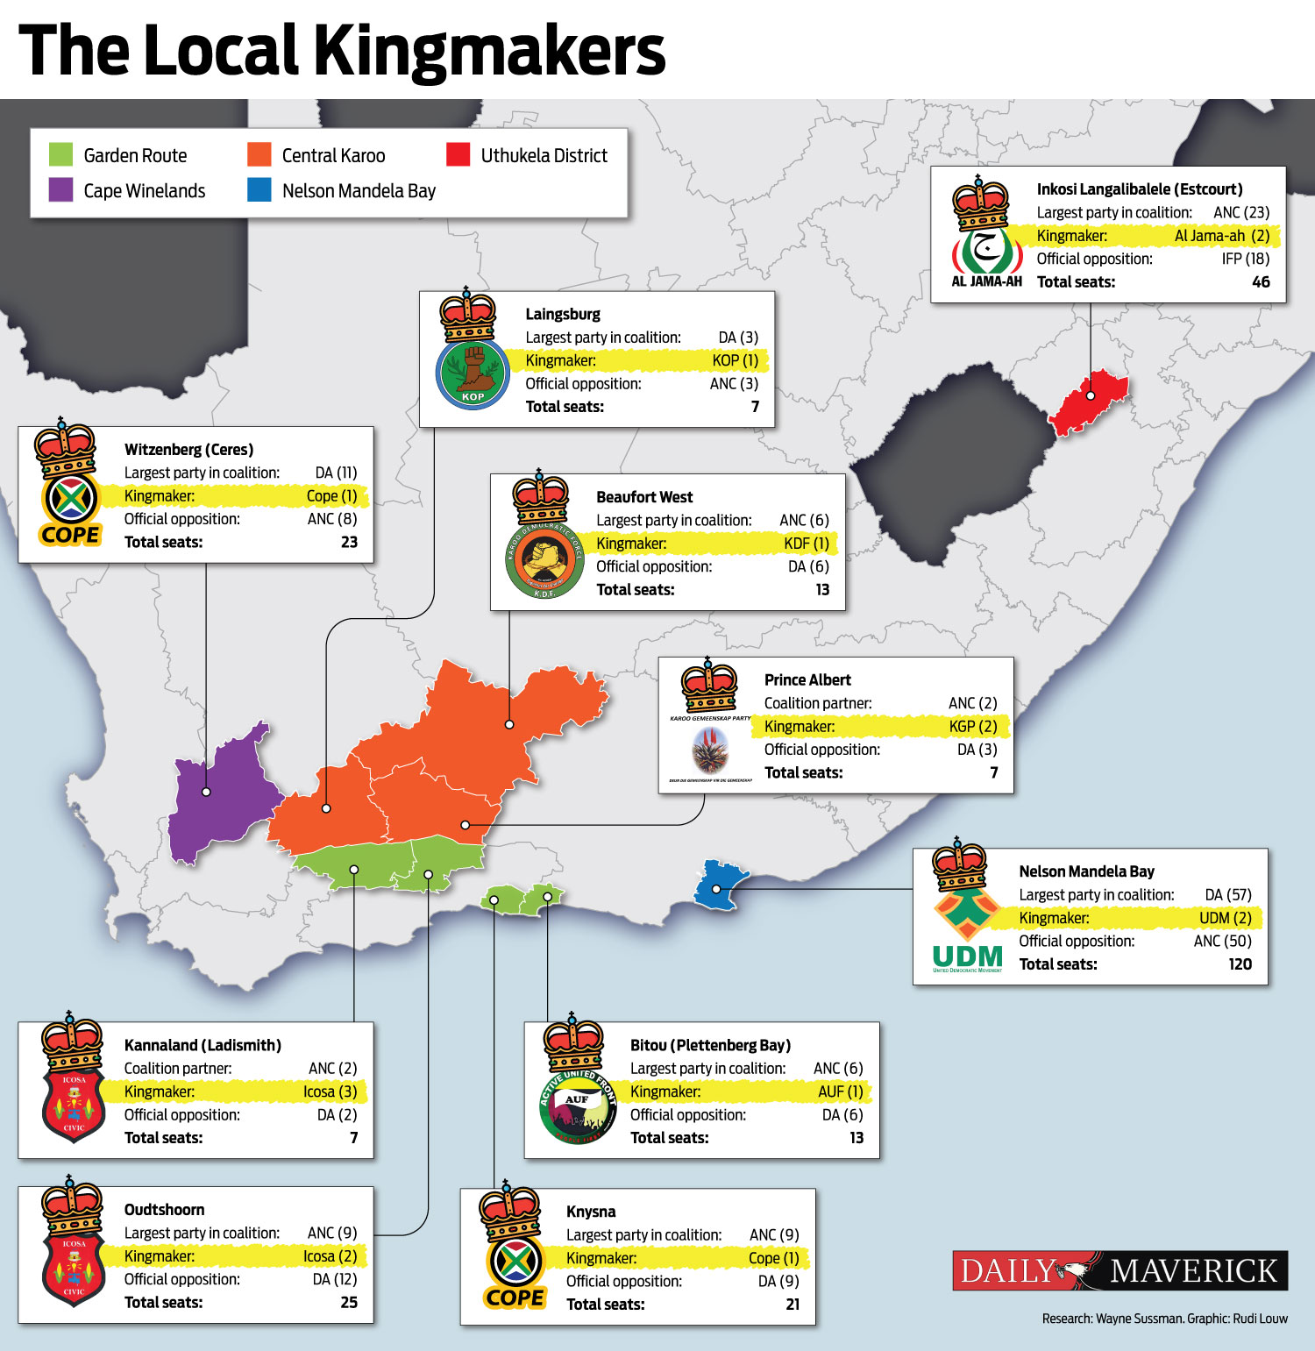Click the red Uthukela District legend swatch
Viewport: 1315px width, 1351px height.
458,155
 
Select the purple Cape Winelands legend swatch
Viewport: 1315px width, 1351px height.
60,190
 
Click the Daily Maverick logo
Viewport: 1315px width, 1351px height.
1120,1270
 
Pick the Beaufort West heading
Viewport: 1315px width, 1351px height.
644,497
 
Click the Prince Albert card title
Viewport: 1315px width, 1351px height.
807,680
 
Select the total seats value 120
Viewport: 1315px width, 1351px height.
1240,964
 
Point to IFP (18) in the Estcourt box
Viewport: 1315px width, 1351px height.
1245,259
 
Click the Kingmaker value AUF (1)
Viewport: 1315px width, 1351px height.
840,1091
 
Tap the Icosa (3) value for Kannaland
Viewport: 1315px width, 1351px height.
330,1091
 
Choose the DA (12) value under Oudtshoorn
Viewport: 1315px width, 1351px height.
335,1279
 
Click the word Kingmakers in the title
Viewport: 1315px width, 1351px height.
490,51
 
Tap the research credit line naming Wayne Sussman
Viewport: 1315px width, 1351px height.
1164,1319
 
